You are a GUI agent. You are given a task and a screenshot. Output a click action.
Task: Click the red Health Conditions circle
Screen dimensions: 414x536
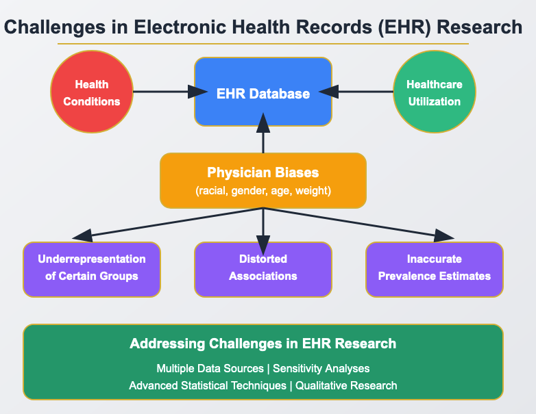91,93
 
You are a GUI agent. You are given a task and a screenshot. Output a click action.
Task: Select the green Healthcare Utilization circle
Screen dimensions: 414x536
434,93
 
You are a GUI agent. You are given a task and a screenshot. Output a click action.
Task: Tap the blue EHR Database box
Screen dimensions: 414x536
263,92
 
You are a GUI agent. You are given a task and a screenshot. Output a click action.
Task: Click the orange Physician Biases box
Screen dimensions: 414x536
263,181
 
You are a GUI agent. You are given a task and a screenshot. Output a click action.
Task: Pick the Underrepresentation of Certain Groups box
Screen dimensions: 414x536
92,268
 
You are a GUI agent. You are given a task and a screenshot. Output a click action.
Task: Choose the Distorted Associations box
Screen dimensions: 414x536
263,268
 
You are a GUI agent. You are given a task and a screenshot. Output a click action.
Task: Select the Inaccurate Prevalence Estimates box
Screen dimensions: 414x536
435,268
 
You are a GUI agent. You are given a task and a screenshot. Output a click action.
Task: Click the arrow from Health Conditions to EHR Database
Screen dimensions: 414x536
161,92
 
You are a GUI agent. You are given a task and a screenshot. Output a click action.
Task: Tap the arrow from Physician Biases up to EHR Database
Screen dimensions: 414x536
263,137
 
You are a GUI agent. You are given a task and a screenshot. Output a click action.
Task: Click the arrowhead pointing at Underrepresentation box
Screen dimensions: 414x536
82,237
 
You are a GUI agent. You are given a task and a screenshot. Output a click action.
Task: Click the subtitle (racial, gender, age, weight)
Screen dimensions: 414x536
263,191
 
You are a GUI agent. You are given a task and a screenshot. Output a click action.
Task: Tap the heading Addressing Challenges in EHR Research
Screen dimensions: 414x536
263,344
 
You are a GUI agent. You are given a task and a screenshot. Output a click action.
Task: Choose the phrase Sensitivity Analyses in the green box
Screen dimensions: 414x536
321,368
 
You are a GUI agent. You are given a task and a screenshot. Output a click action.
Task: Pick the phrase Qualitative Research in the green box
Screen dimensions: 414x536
346,385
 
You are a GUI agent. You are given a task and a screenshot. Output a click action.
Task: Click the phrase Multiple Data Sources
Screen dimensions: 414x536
210,368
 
